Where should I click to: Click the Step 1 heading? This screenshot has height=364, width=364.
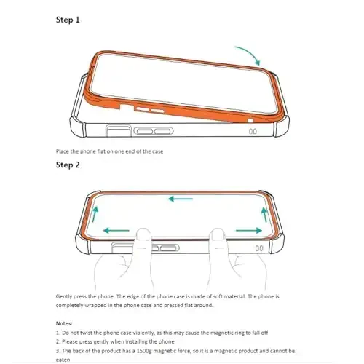click(68, 20)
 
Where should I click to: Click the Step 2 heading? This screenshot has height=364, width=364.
click(68, 165)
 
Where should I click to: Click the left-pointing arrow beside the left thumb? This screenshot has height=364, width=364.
click(116, 231)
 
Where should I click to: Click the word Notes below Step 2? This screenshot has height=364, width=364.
click(66, 323)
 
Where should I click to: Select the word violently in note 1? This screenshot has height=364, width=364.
click(146, 331)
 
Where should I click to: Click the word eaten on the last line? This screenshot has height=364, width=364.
click(64, 357)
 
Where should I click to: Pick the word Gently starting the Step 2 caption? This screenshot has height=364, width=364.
click(66, 297)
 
